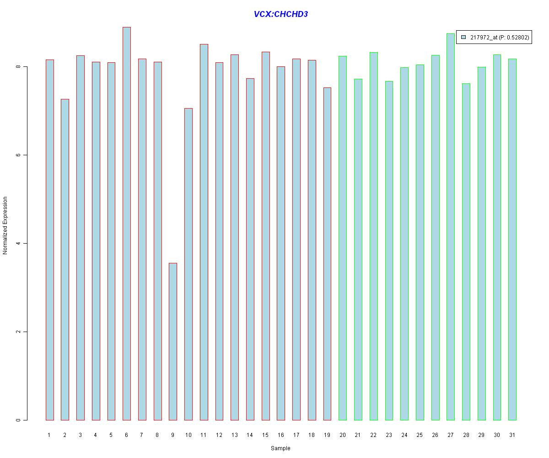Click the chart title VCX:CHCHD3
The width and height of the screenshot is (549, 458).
280,14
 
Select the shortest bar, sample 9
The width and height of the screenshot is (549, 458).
173,341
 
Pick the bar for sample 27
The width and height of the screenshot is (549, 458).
451,227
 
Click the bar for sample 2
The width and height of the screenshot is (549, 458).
65,259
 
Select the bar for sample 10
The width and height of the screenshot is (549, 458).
188,264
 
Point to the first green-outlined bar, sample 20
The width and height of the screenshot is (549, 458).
343,238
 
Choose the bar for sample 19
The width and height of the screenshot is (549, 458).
327,254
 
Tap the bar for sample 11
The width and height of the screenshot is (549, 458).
204,232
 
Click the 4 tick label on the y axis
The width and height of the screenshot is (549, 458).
18,243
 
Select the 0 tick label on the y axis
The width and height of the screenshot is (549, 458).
18,420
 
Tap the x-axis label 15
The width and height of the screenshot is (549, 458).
265,435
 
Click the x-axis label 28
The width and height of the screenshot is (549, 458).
466,435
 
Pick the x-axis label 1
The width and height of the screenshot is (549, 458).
49,435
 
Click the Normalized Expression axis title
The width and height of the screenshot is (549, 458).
5,225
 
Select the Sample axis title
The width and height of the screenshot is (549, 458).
280,448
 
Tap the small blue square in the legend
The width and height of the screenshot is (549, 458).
463,38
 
